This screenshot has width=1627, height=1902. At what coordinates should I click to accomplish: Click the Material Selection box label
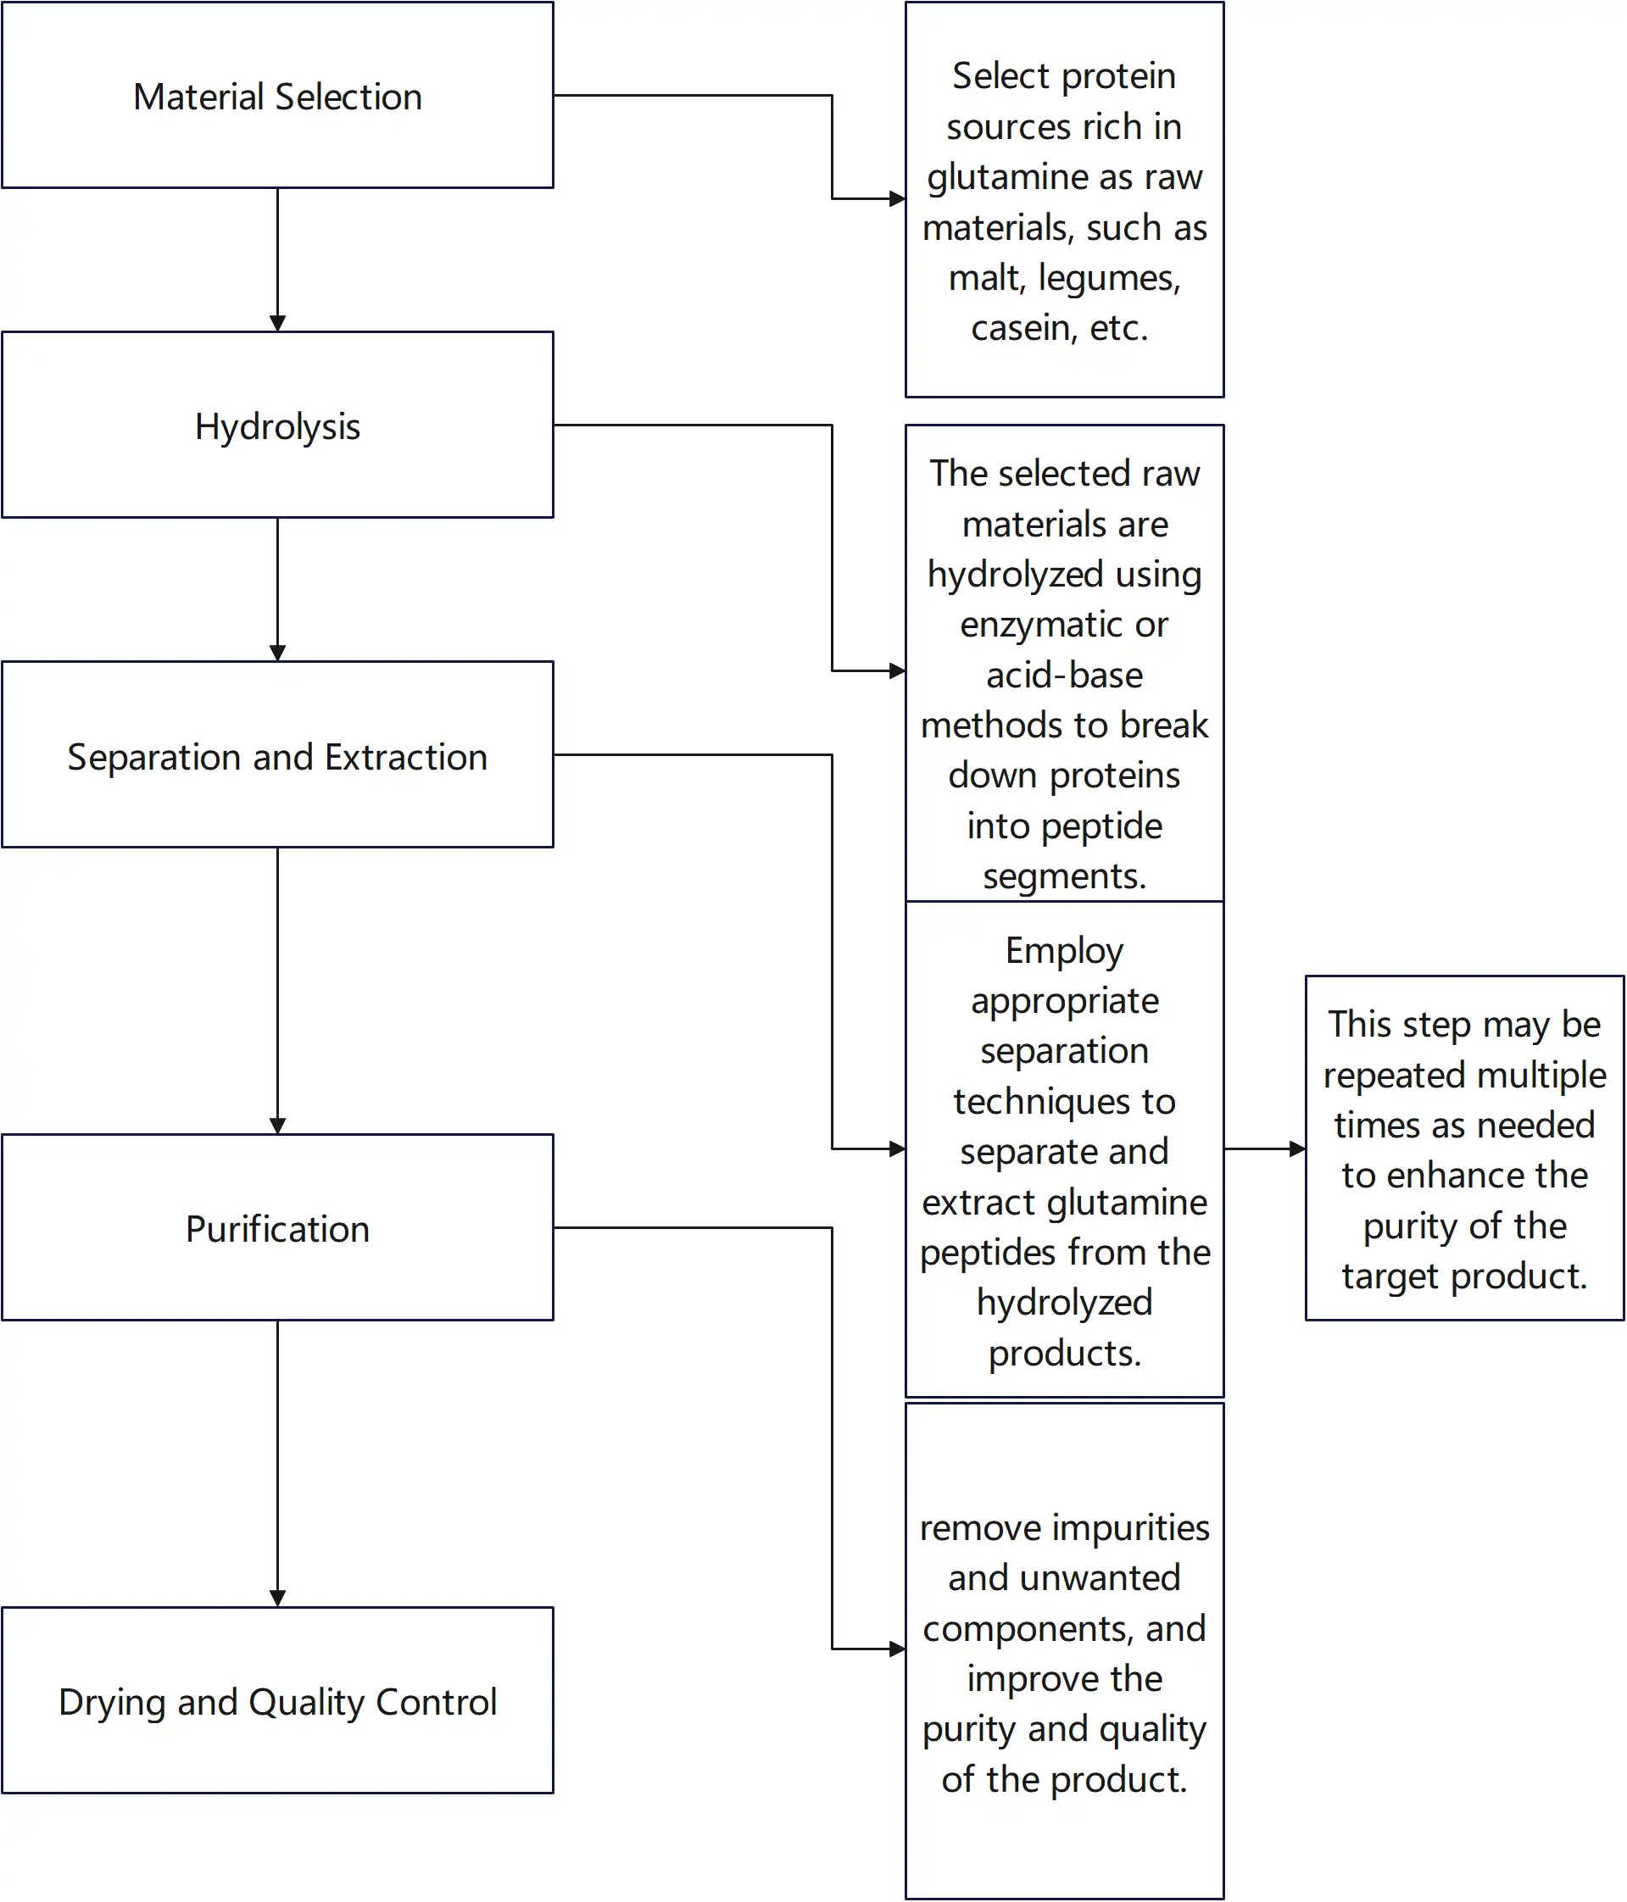pyautogui.click(x=277, y=97)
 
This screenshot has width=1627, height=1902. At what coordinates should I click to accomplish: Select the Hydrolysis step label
pyautogui.click(x=277, y=427)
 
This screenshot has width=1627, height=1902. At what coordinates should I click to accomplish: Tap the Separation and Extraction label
pyautogui.click(x=277, y=757)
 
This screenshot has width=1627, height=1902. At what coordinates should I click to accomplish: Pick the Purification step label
pyautogui.click(x=277, y=1229)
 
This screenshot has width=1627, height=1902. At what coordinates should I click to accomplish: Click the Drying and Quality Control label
pyautogui.click(x=277, y=1702)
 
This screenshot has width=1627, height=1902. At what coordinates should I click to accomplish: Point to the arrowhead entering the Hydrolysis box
pyautogui.click(x=277, y=323)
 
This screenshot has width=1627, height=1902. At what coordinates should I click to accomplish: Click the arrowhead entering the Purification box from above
pyautogui.click(x=277, y=1126)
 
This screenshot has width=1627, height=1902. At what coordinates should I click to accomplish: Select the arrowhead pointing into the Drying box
pyautogui.click(x=277, y=1599)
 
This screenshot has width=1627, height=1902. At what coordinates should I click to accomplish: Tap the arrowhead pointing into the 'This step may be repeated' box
pyautogui.click(x=1296, y=1148)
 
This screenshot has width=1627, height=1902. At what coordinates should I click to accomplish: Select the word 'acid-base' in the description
pyautogui.click(x=1064, y=676)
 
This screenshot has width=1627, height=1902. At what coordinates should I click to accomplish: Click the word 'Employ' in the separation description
pyautogui.click(x=1064, y=951)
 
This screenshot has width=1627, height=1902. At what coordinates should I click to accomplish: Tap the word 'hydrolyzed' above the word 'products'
pyautogui.click(x=1064, y=1303)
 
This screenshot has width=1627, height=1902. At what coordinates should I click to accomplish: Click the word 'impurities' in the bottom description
pyautogui.click(x=1131, y=1527)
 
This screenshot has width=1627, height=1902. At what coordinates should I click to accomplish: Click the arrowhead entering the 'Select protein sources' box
pyautogui.click(x=897, y=198)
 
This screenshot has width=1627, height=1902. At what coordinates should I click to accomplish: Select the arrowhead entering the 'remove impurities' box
pyautogui.click(x=897, y=1649)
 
